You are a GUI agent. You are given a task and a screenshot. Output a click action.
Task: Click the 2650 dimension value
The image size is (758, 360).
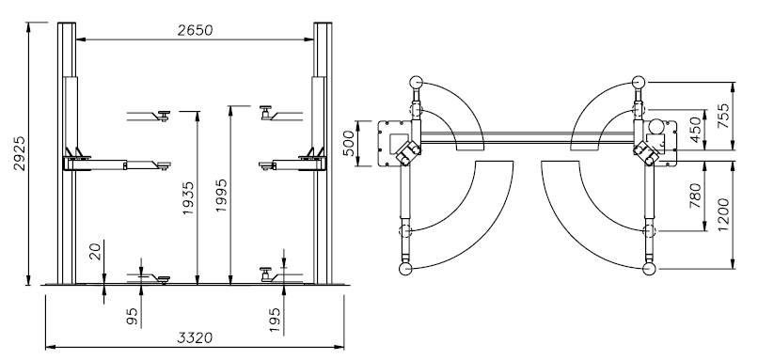195,30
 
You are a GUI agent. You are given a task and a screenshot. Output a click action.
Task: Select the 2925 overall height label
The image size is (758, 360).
20,153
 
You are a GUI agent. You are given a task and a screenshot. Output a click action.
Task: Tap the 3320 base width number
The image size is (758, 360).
195,337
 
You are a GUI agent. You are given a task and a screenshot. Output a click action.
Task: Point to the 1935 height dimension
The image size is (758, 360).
188,198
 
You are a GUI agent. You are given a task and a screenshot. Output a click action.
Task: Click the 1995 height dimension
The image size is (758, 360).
221,196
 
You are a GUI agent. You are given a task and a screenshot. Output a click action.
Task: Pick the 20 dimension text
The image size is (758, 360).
95,252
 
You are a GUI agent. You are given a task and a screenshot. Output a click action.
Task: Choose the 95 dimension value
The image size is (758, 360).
132,316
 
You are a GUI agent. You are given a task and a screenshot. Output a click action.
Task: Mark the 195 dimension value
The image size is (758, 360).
275,320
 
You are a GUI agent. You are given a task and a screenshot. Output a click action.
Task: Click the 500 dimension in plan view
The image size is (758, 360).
349,144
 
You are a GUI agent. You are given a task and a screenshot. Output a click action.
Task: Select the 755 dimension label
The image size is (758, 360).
723,116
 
